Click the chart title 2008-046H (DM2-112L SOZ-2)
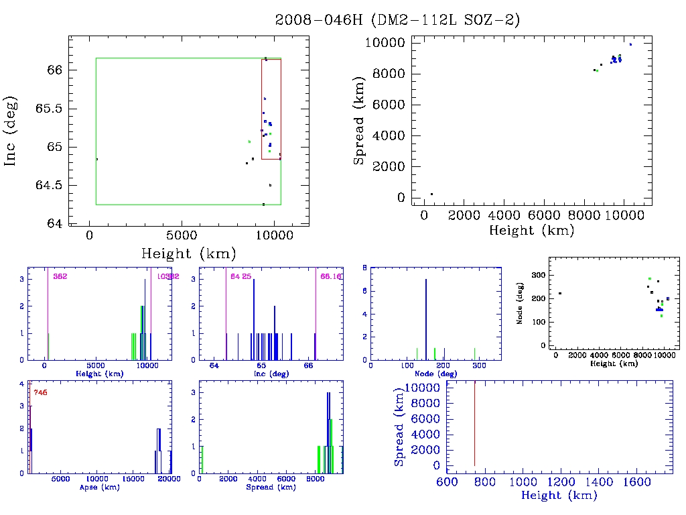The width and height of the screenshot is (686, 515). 398,20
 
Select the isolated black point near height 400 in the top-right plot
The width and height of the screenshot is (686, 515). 431,194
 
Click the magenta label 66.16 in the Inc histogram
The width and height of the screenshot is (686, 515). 331,276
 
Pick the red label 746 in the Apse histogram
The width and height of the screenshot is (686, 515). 40,392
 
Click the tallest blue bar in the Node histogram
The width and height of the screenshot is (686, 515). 426,319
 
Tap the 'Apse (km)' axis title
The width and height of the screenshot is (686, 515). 98,488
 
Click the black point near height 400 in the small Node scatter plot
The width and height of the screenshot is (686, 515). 559,293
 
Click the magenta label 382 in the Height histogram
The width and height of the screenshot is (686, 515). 60,276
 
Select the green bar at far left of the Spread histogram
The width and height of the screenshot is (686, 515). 202,459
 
